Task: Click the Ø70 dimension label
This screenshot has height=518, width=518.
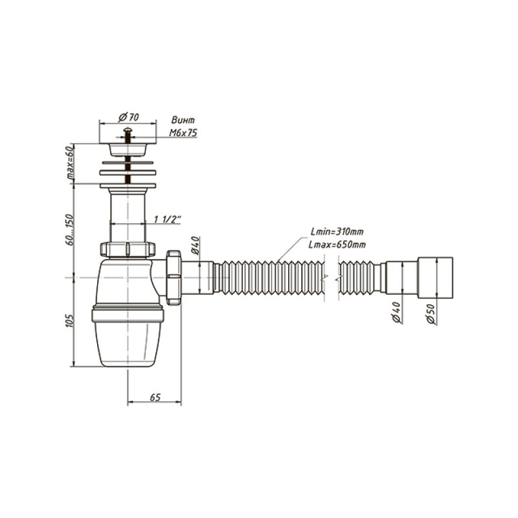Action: click(x=128, y=117)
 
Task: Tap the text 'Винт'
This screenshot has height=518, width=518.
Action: click(x=183, y=120)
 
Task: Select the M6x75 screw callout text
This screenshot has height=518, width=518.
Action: click(x=183, y=133)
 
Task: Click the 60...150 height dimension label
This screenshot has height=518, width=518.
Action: click(x=71, y=229)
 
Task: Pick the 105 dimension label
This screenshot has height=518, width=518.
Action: click(x=70, y=320)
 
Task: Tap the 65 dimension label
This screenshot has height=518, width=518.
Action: click(x=155, y=397)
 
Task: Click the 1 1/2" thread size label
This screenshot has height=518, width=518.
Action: click(x=168, y=219)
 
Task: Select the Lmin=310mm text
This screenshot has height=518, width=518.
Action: click(x=337, y=231)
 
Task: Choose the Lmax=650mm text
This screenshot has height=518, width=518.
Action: click(x=337, y=245)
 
